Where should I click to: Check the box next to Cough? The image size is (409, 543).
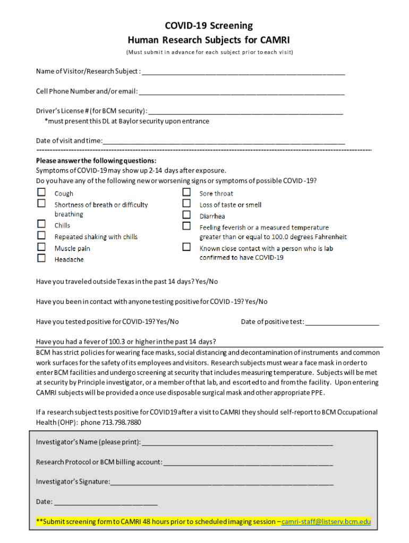point(41,192)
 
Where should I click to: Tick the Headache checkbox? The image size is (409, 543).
point(41,258)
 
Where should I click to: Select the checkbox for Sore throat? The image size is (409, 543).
point(186,192)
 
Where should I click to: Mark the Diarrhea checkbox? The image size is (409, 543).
point(186,215)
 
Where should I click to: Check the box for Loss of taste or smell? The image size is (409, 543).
point(186,204)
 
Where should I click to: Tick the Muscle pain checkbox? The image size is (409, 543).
point(41,247)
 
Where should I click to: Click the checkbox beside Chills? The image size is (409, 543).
point(41,224)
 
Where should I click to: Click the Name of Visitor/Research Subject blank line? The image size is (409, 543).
point(243,73)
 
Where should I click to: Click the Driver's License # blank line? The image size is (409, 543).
point(246,112)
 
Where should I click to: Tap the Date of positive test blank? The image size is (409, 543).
point(343,322)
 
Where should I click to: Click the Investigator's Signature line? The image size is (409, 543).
point(222,483)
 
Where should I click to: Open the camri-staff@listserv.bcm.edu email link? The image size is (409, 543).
point(326,522)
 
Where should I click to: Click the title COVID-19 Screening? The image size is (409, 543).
point(208,26)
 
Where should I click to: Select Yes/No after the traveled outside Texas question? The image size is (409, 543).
point(207,282)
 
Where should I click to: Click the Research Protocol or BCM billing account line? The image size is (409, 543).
point(248,463)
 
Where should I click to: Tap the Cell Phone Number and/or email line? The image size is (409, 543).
point(242,92)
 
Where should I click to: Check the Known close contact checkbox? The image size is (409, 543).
point(186,247)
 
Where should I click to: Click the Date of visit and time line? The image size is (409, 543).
point(224,142)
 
